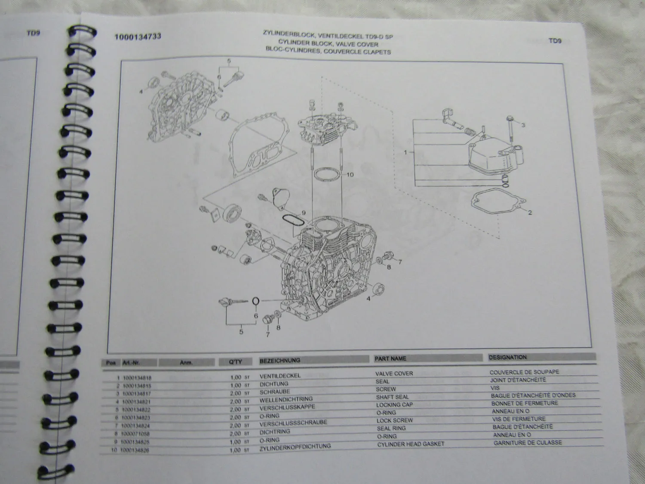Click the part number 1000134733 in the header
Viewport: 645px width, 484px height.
click(x=138, y=37)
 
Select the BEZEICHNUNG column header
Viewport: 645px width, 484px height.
click(x=280, y=361)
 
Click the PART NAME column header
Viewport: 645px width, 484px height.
click(x=390, y=358)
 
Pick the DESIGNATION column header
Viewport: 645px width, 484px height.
click(x=507, y=357)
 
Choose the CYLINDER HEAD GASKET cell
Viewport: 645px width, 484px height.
click(x=411, y=444)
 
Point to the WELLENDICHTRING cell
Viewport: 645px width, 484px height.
click(x=286, y=399)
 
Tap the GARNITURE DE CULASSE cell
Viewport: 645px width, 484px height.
click(x=528, y=443)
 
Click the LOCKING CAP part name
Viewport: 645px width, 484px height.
click(x=394, y=405)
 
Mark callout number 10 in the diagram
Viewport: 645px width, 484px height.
click(x=350, y=175)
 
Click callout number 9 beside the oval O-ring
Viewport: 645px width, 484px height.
click(x=303, y=213)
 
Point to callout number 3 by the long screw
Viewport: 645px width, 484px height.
click(x=523, y=125)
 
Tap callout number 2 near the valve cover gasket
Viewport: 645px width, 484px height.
click(x=530, y=213)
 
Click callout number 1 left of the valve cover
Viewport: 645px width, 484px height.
click(x=405, y=152)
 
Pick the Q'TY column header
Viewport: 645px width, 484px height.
click(x=236, y=362)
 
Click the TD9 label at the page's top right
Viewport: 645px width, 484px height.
click(x=555, y=41)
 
